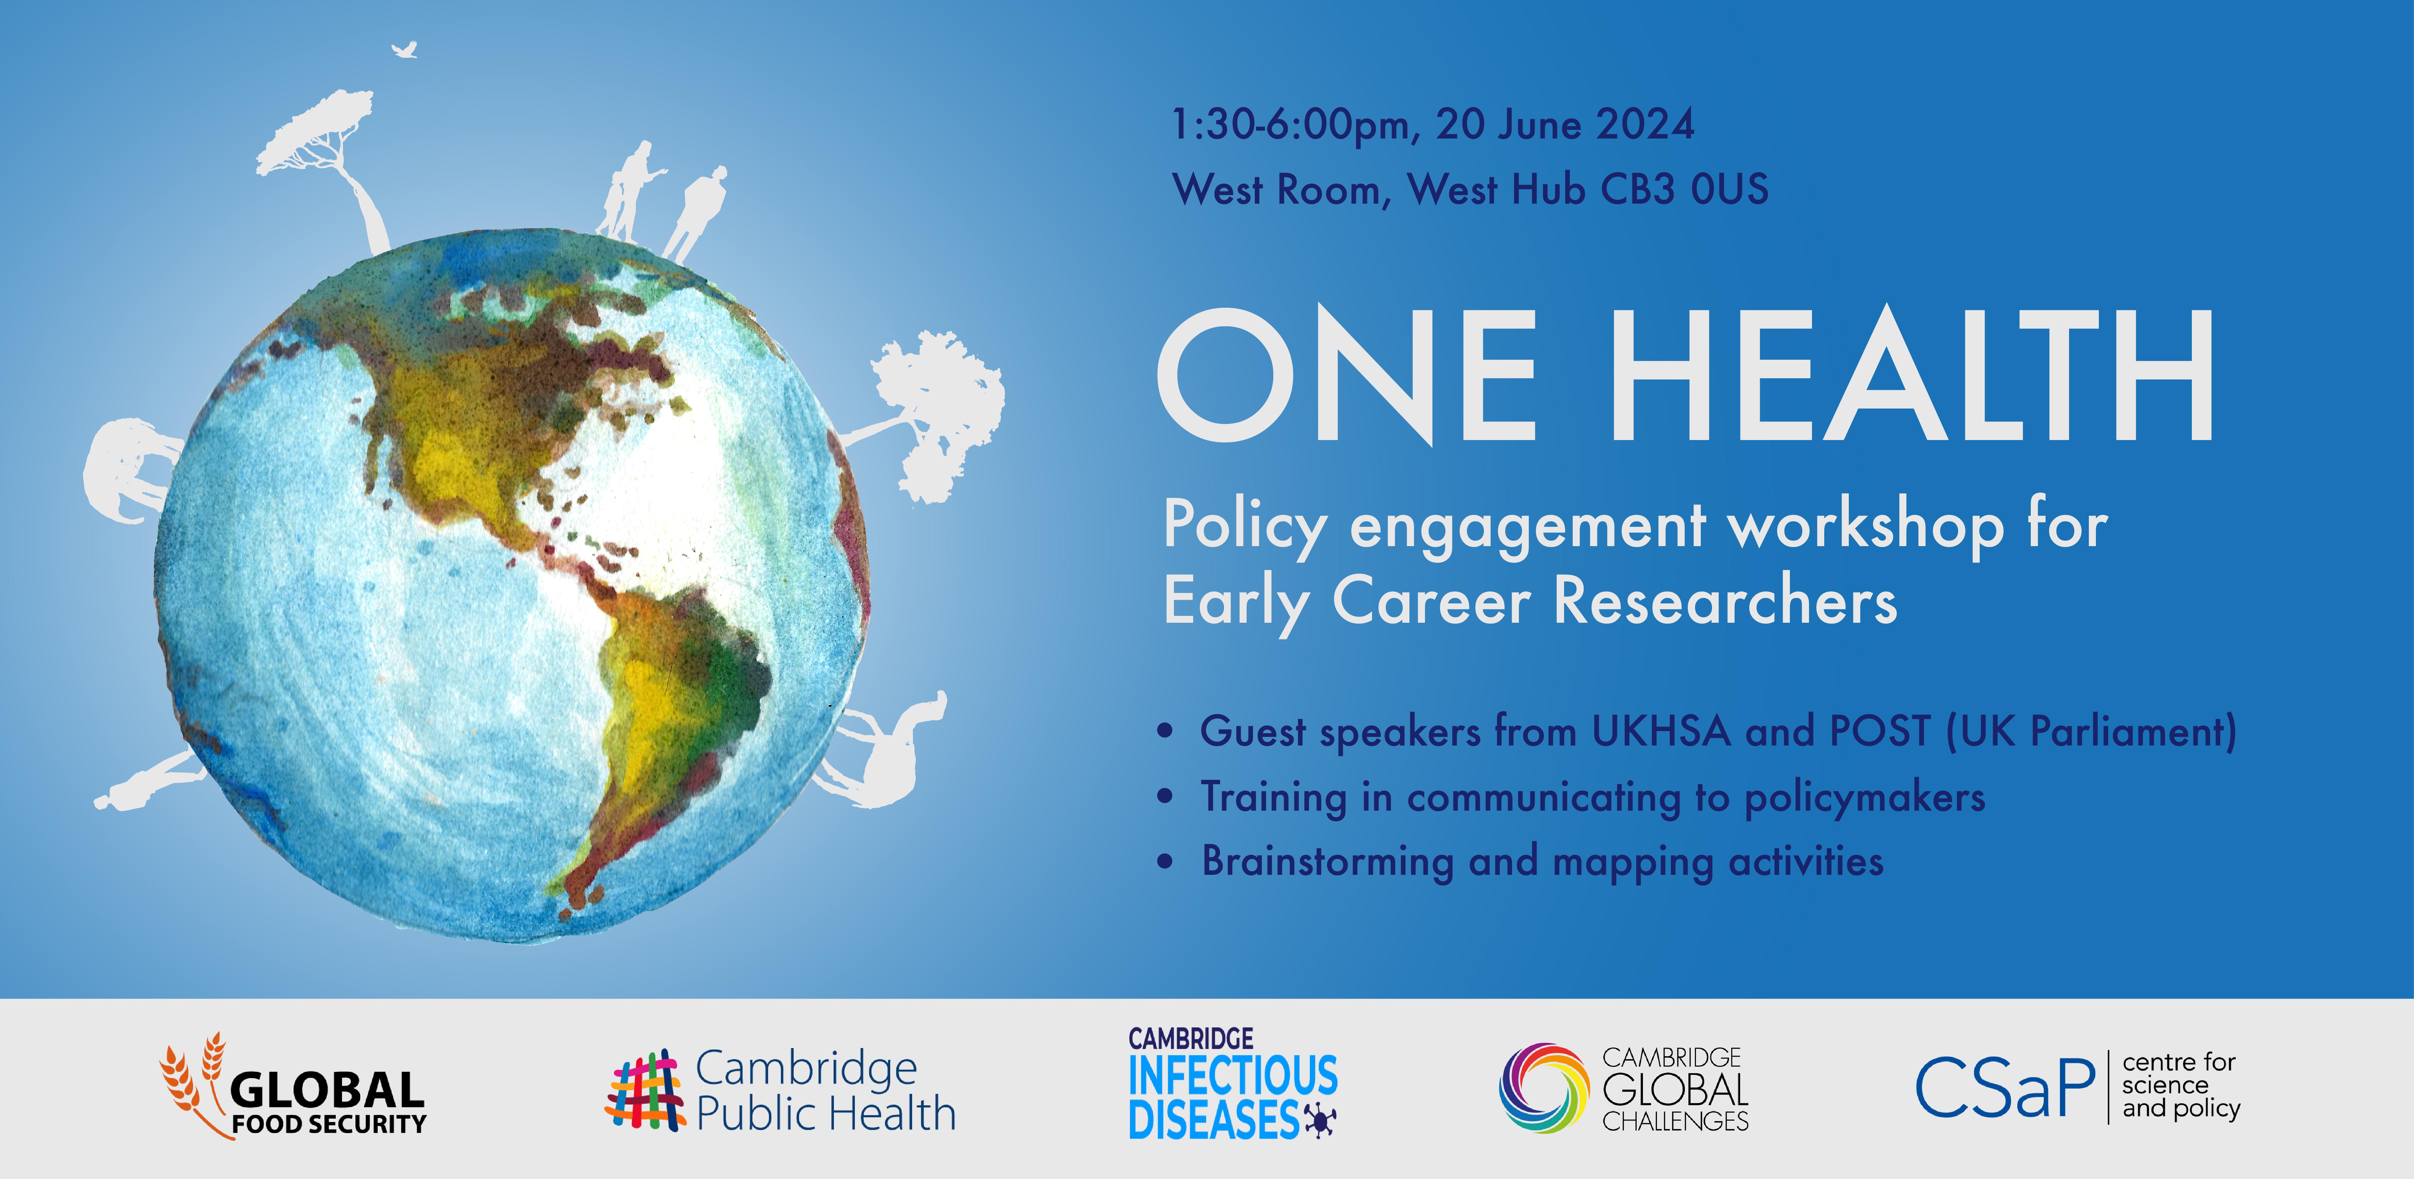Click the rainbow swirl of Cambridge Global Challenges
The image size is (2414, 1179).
(1544, 1088)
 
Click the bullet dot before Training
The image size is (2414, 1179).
(1165, 797)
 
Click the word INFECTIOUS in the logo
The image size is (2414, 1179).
(1233, 1075)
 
